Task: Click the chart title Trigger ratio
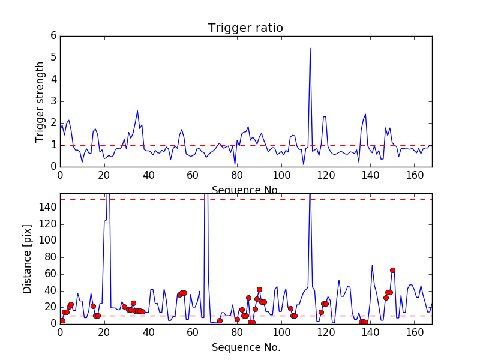pos(245,28)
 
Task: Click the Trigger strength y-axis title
pos(40,101)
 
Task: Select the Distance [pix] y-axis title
pos(28,259)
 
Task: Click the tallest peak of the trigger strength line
pos(310,48)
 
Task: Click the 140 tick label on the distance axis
pos(49,208)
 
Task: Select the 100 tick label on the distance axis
pos(49,241)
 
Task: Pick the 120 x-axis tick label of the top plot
pos(326,175)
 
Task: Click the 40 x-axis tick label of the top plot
pos(148,175)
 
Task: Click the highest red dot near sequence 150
pos(392,270)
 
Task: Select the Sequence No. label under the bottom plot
pos(245,347)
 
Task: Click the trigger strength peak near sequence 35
pos(137,111)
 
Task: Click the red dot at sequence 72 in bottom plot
pos(220,320)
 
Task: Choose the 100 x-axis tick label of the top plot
pos(281,175)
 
